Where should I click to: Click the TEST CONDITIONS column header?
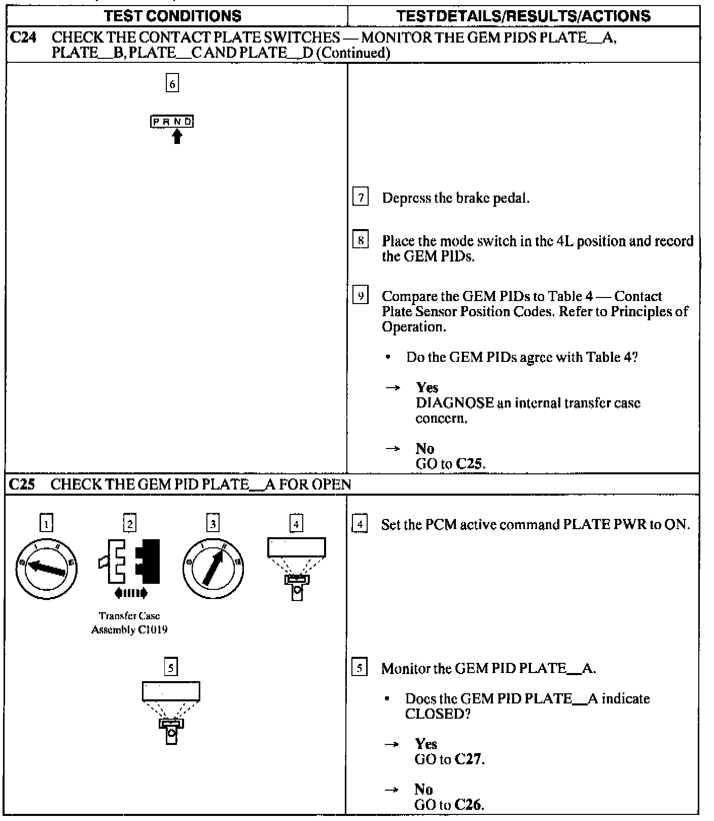[x=172, y=16]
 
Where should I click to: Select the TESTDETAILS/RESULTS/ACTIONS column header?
[x=523, y=16]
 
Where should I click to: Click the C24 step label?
[x=23, y=38]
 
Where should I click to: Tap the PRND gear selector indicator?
[x=172, y=122]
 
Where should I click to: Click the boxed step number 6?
[x=172, y=84]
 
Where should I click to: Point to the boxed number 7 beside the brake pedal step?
[x=360, y=198]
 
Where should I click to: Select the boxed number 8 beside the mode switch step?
[x=360, y=240]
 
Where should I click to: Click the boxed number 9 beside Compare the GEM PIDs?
[x=360, y=296]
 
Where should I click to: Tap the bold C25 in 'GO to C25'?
[x=471, y=464]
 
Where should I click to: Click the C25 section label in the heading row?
[x=22, y=484]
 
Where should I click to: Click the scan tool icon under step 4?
[x=297, y=568]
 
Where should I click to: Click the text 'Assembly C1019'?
[x=129, y=630]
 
